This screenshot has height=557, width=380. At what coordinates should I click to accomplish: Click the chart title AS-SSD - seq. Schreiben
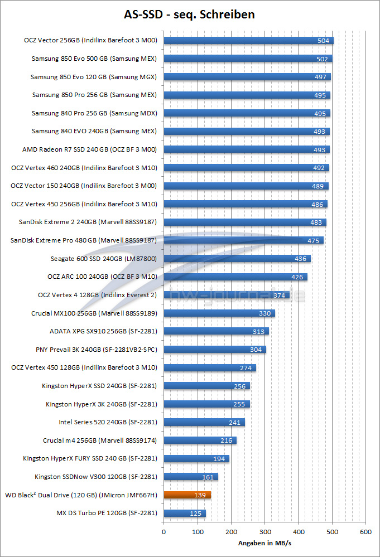[189, 14]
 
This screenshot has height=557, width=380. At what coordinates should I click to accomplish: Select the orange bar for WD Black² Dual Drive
[187, 495]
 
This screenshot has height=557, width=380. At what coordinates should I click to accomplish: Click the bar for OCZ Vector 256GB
[248, 40]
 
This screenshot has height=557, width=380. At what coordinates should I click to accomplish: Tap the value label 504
[324, 41]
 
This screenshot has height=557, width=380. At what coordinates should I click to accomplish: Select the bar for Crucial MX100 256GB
[219, 313]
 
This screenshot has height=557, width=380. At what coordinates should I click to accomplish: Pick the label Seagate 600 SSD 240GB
[104, 259]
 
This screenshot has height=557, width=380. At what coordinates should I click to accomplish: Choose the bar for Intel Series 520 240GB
[204, 422]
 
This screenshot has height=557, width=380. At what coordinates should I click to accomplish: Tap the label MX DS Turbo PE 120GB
[107, 513]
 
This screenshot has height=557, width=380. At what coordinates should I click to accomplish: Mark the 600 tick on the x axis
[365, 532]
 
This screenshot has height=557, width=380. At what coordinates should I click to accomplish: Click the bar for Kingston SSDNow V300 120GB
[190, 477]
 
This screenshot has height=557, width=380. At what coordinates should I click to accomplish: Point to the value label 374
[280, 295]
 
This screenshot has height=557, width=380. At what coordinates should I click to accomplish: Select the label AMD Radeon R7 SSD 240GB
[89, 149]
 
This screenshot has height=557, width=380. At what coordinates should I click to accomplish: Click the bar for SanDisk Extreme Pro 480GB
[243, 240]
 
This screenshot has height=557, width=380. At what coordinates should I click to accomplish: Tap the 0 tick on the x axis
[163, 532]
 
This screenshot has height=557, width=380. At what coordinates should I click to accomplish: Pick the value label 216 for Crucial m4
[227, 440]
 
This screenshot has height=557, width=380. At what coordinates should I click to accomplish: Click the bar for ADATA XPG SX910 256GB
[216, 331]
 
